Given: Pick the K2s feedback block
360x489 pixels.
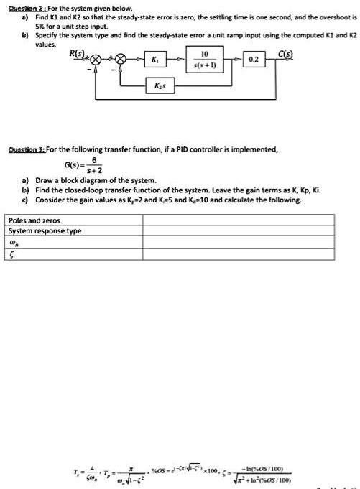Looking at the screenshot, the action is coord(160,85).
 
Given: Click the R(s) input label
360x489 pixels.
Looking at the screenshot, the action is coord(77,52).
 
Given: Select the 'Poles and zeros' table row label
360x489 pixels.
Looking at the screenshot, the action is coord(34,220).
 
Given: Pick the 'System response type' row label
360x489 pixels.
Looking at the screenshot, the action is coord(45,231).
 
